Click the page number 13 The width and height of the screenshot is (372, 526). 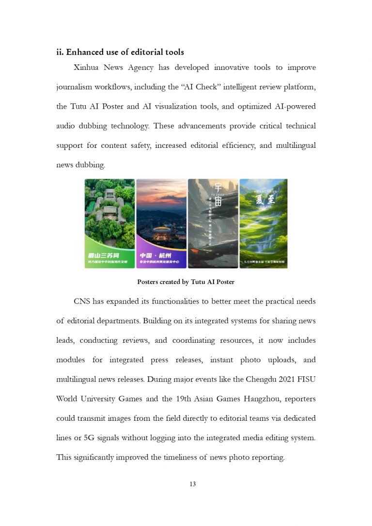(193, 484)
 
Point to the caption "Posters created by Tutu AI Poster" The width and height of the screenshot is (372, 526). (186, 282)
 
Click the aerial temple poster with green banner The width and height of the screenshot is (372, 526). (109, 223)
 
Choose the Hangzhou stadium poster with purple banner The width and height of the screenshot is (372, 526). (161, 223)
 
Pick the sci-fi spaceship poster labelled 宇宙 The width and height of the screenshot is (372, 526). (213, 223)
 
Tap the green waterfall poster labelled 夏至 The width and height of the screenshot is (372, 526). (263, 223)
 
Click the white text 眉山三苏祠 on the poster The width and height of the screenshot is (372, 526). (104, 255)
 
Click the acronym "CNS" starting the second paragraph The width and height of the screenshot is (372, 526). (81, 302)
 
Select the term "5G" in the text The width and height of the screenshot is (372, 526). (90, 437)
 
